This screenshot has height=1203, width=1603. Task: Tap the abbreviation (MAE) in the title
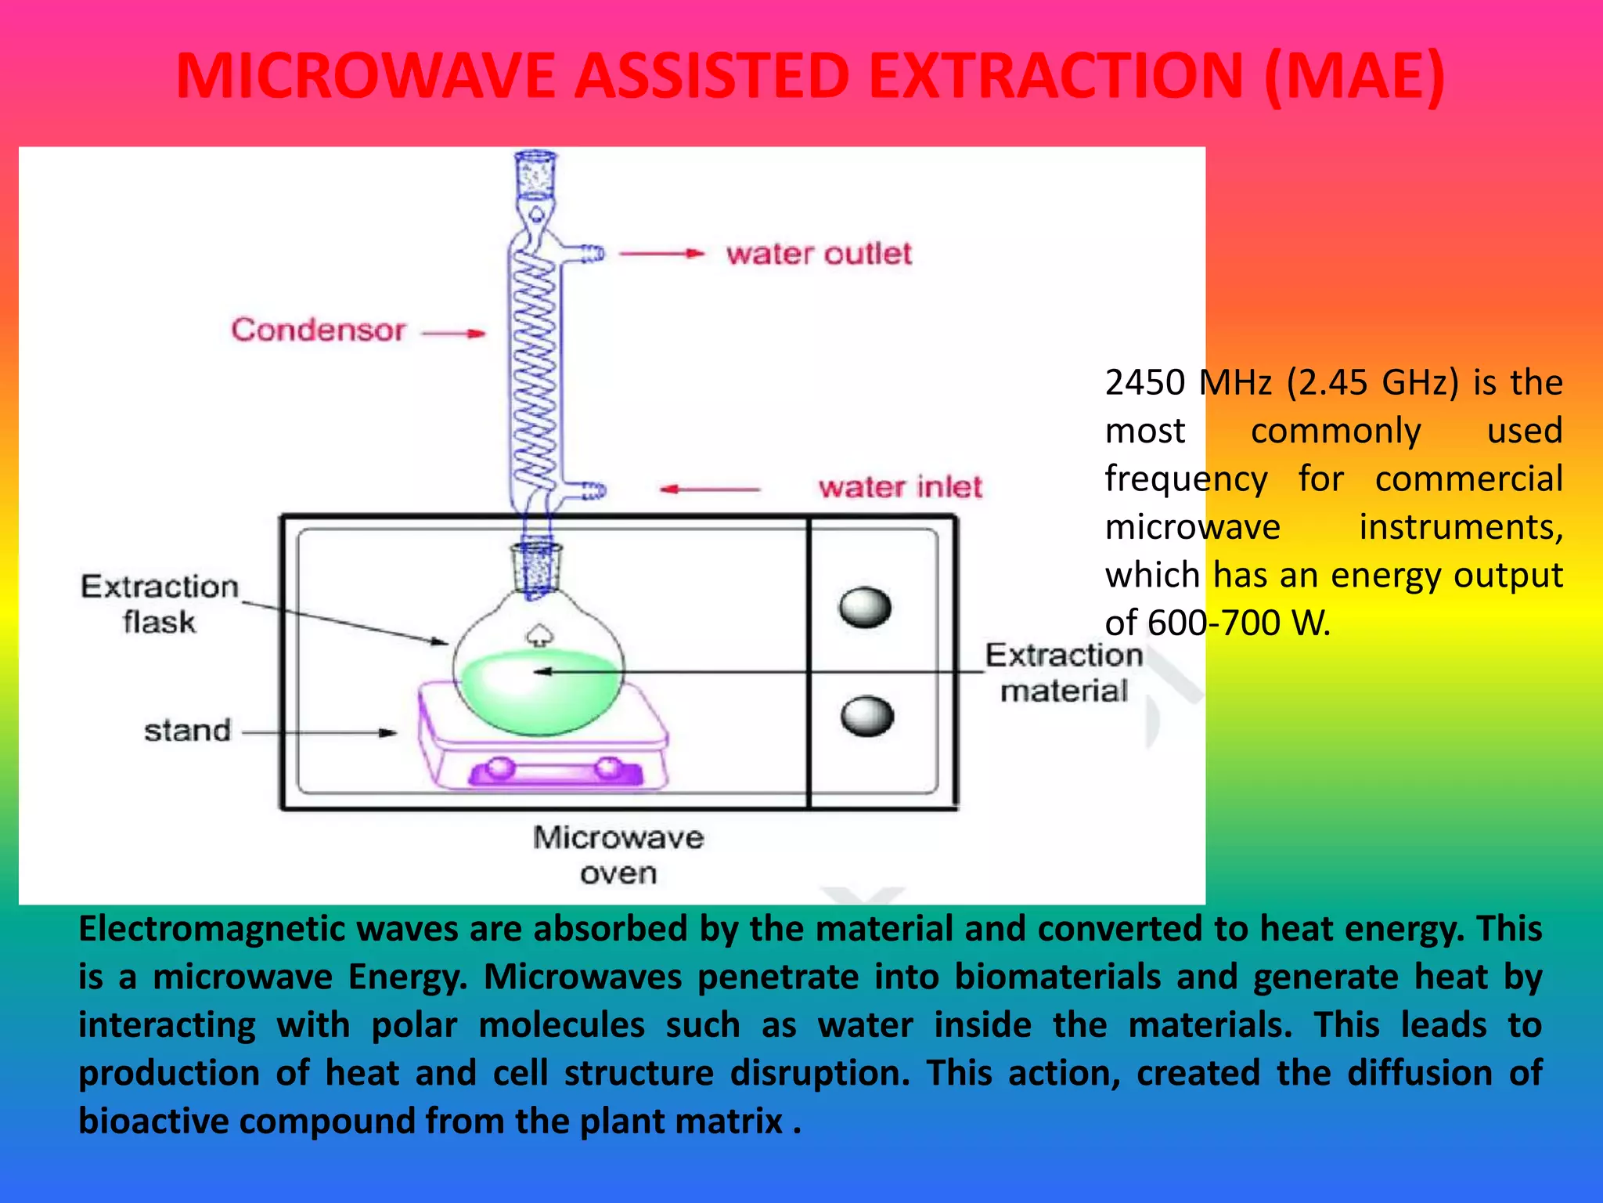1353,76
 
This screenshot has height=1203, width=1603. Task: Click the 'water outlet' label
819,254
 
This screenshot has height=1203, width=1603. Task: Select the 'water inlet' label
900,487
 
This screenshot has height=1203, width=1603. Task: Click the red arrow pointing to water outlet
661,254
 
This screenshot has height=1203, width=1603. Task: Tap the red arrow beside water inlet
708,490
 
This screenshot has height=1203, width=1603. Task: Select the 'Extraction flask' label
160,603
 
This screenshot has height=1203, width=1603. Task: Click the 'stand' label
188,731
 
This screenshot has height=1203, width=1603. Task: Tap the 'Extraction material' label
1064,673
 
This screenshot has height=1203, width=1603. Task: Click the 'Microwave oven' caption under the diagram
618,854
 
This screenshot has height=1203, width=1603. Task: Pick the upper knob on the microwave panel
865,608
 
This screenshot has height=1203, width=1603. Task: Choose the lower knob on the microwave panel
867,716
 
